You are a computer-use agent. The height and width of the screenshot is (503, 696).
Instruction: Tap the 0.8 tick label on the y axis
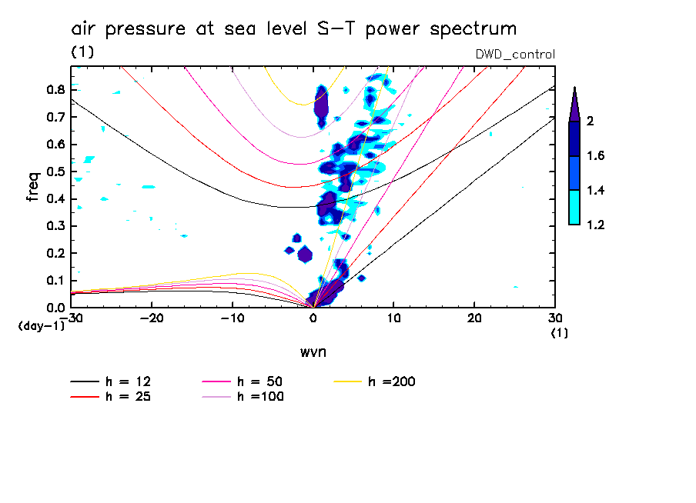point(55,89)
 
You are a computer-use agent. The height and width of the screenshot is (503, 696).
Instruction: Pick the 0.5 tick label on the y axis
point(55,172)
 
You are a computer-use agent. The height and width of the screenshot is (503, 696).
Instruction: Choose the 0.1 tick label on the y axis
point(55,281)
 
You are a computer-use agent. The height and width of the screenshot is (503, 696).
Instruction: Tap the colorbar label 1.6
point(596,156)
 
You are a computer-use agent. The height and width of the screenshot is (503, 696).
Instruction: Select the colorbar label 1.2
point(596,225)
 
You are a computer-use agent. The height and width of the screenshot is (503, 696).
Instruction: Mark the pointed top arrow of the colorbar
point(574,104)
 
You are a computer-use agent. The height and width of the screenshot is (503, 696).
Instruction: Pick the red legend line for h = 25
point(85,397)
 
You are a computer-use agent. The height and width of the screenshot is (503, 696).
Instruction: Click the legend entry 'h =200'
point(392,381)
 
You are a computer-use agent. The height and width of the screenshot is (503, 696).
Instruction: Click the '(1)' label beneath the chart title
point(82,52)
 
